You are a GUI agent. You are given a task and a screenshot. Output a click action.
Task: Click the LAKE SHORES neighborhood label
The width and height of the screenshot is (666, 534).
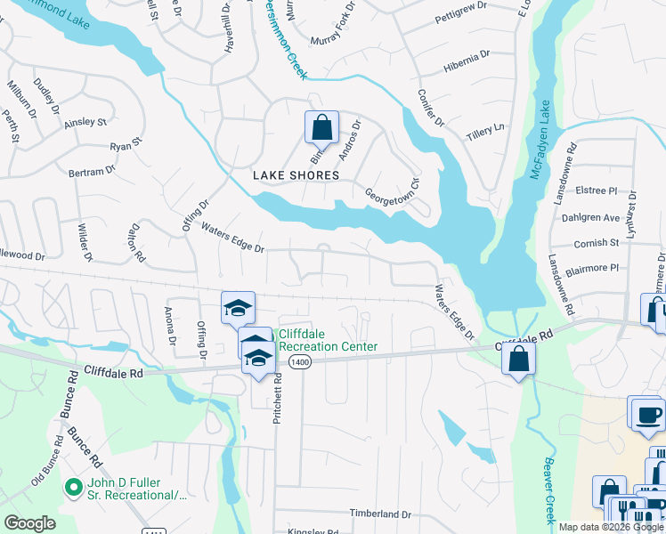(296, 175)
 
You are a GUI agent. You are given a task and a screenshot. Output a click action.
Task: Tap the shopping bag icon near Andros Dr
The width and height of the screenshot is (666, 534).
(321, 127)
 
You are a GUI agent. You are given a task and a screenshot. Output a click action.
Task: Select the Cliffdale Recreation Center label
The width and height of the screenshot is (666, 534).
(329, 340)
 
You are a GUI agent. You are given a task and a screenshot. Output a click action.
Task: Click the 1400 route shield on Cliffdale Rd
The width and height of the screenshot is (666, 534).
(299, 361)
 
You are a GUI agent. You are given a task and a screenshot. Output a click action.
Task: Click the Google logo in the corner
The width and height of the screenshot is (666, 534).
(29, 523)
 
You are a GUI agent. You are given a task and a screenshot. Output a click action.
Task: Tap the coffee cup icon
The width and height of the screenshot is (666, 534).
(647, 414)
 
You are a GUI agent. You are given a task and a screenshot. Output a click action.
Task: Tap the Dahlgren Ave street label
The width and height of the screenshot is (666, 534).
(590, 217)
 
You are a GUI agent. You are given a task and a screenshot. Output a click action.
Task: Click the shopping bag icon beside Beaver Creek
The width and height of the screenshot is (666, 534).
(518, 360)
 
